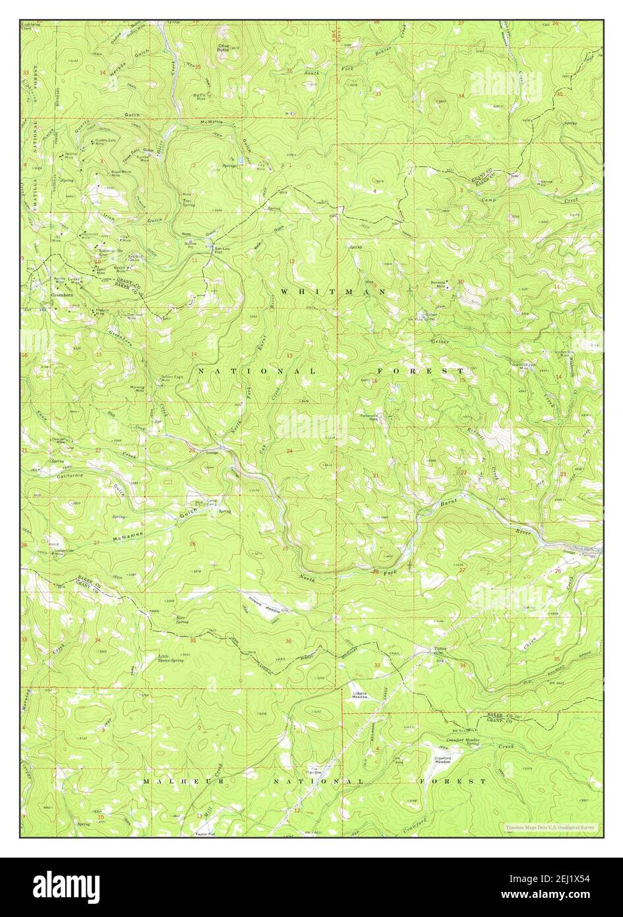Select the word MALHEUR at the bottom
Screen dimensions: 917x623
[165, 781]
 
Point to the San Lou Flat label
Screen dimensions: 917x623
[222, 251]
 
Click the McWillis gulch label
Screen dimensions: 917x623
[216, 121]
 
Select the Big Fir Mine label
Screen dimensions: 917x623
[200, 97]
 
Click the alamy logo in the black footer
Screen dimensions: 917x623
[65, 884]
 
